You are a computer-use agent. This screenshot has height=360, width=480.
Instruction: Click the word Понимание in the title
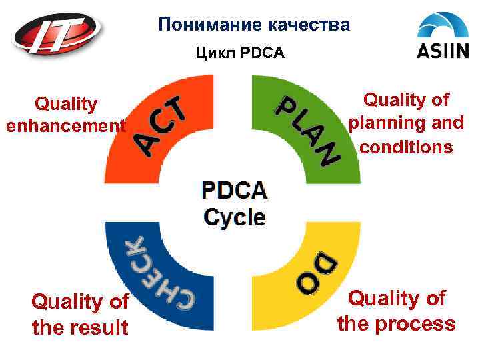click(208, 25)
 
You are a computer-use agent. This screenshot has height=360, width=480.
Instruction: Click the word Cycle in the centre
click(235, 217)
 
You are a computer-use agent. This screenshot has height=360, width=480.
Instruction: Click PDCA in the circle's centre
click(235, 191)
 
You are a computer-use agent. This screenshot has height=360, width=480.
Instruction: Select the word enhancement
click(65, 125)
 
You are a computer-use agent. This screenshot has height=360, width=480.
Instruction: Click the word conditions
click(407, 147)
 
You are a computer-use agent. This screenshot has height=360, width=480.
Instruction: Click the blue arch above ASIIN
click(443, 25)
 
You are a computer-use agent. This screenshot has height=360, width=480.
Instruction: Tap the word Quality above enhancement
click(66, 104)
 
